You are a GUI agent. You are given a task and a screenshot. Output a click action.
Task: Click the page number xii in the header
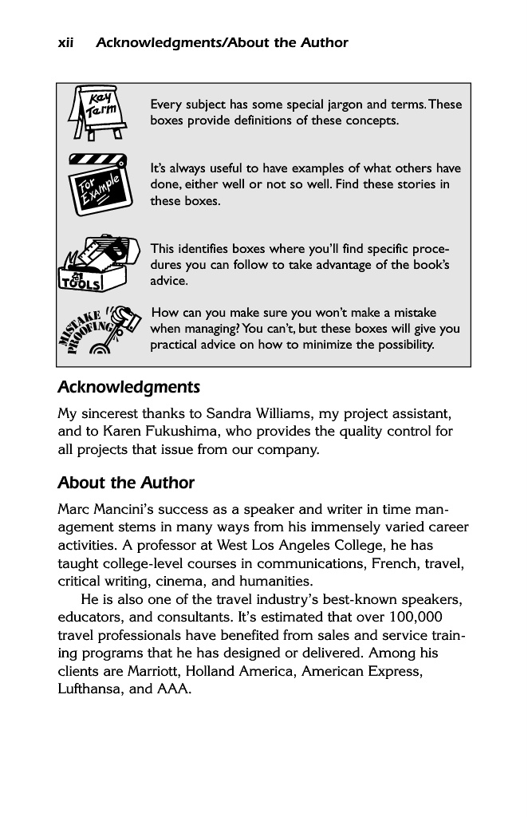(66, 43)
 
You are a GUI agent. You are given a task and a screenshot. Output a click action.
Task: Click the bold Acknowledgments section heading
(128, 388)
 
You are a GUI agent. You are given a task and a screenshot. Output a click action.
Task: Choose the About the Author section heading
(126, 483)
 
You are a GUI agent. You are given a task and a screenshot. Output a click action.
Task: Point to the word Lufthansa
(90, 689)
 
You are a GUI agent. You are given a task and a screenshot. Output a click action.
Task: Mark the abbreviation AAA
(173, 689)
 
